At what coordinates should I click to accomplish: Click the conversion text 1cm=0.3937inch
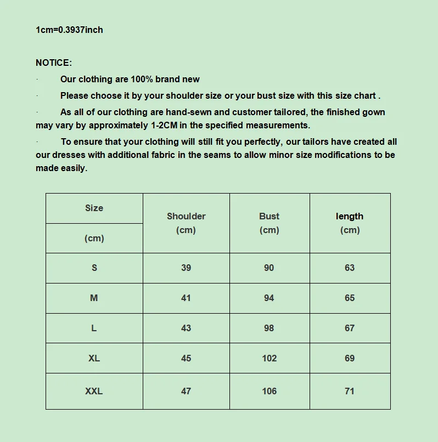[x=69, y=30]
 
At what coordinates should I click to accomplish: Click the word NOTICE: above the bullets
[x=54, y=63]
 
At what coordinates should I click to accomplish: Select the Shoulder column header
[x=186, y=217]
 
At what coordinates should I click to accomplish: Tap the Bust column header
[x=269, y=217]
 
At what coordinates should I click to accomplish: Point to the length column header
[x=350, y=217]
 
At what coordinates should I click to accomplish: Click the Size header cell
[x=94, y=208]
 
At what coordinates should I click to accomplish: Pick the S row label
[x=94, y=268]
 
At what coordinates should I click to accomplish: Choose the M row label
[x=94, y=298]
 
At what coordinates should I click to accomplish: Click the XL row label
[x=94, y=358]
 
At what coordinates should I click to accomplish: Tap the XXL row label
[x=94, y=391]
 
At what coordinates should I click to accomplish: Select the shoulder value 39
[x=186, y=268]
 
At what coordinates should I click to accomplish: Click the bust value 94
[x=269, y=298]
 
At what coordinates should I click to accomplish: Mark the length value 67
[x=350, y=328]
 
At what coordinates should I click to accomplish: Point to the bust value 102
[x=269, y=358]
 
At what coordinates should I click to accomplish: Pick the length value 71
[x=350, y=391]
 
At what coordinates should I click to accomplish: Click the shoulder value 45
[x=186, y=358]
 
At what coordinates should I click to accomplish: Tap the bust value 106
[x=269, y=391]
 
